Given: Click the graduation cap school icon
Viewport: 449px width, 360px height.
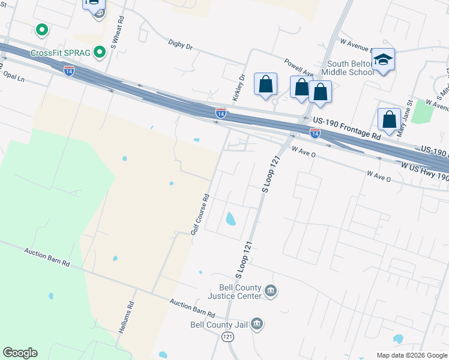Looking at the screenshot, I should point(383,59).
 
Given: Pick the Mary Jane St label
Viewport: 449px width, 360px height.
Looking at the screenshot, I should point(402,113).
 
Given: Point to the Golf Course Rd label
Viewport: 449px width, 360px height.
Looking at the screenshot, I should point(199,214).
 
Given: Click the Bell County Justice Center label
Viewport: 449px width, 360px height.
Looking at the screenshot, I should point(235,292).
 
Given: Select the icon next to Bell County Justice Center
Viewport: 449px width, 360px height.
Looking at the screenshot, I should point(270,292).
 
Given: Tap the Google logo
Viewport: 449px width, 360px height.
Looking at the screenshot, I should point(20,353).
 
